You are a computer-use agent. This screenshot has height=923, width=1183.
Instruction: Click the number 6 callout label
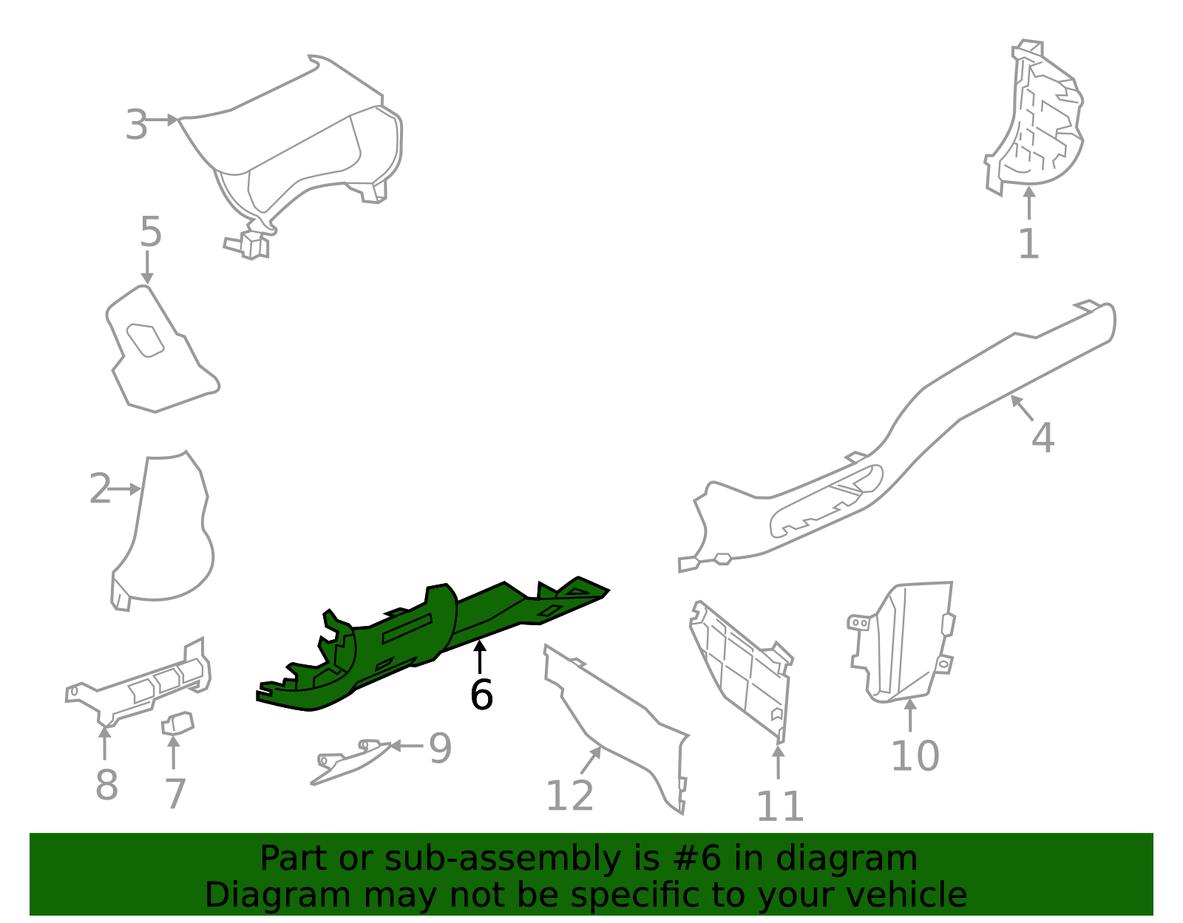click(481, 695)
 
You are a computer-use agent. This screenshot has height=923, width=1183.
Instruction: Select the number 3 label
click(137, 125)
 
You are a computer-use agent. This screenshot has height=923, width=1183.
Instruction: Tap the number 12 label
click(569, 796)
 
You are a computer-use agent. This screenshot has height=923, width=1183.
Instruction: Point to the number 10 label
click(915, 756)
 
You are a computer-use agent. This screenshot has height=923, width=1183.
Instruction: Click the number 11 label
click(779, 806)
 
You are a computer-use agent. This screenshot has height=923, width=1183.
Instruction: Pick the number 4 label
click(1043, 437)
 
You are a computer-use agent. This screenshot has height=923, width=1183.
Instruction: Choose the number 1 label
click(1028, 244)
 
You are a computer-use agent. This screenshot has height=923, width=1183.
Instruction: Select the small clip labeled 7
click(177, 723)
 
